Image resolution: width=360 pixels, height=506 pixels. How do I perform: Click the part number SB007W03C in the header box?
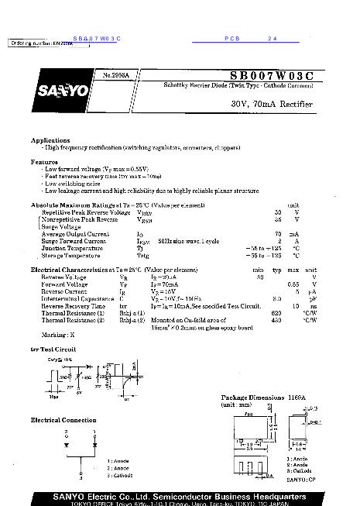point(271,75)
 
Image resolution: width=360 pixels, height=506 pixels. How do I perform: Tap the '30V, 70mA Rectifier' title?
point(271,103)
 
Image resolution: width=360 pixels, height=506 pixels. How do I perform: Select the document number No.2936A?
point(116,75)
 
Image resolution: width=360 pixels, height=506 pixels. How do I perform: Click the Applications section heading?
point(50,140)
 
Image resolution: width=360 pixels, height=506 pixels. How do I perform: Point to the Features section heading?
point(45,162)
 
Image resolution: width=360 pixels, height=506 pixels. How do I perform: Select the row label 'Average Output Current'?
point(75,233)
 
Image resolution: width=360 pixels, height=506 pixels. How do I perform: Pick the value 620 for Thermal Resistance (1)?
point(276,312)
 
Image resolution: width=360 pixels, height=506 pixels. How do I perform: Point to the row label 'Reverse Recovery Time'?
point(74,305)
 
